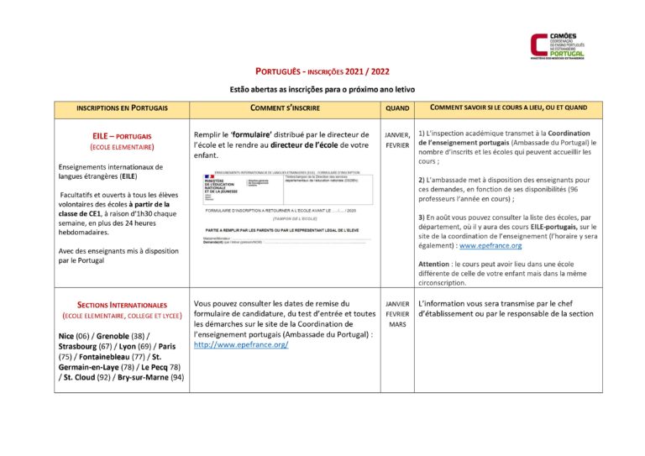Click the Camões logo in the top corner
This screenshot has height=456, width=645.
558,45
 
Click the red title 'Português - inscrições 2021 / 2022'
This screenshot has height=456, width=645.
322,72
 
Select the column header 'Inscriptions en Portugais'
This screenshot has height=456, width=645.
122,108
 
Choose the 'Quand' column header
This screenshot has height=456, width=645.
397,108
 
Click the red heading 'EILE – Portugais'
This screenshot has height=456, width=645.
122,136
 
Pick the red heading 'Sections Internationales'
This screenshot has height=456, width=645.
122,305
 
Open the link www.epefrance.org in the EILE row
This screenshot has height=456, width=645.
490,246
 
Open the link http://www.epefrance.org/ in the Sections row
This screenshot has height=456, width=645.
241,344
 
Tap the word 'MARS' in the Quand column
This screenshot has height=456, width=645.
397,324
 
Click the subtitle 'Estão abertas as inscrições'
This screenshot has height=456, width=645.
322,89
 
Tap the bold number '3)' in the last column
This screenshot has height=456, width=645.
422,218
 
